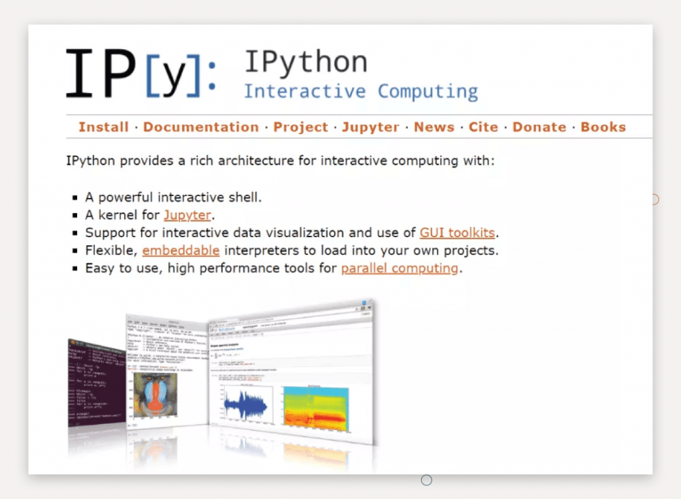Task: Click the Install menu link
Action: click(103, 127)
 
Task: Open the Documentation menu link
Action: click(201, 127)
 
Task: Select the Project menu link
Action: click(301, 127)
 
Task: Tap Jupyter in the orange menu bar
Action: click(370, 127)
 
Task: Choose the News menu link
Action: click(434, 127)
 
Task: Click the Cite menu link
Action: click(483, 127)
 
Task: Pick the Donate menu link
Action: click(539, 127)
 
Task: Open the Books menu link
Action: click(603, 127)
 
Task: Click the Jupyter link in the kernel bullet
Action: click(188, 215)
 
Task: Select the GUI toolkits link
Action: click(458, 233)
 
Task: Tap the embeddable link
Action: click(181, 250)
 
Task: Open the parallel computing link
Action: click(400, 268)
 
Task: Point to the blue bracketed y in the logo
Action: click(172, 78)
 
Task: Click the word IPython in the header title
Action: click(305, 62)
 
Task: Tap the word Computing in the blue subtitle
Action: click(428, 91)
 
